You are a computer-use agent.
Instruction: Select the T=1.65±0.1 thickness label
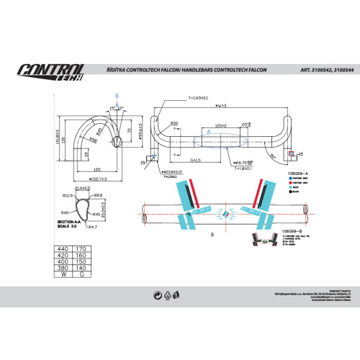click(198, 97)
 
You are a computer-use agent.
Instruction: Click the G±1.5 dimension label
click(196, 159)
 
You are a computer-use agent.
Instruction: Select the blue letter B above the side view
click(116, 96)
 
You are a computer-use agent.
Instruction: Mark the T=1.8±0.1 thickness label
click(244, 168)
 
